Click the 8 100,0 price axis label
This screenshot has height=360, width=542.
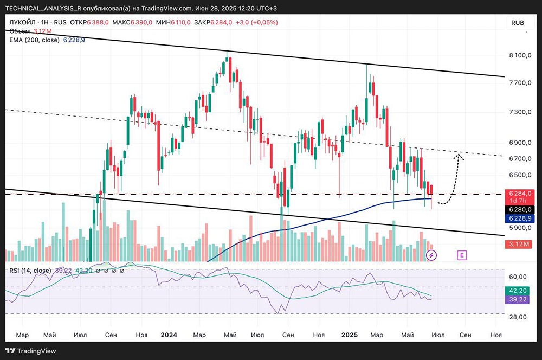(x=519, y=55)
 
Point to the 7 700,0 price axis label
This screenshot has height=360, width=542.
(x=519, y=83)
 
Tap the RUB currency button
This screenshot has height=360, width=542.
(x=518, y=23)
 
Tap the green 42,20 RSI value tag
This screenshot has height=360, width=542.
(x=520, y=290)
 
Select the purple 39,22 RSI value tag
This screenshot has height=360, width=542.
(x=520, y=299)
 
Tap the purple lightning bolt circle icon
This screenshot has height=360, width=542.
(x=431, y=254)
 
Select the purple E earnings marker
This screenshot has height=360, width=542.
(x=462, y=254)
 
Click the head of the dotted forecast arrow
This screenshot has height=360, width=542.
(x=459, y=155)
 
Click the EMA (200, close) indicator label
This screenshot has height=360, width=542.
(x=35, y=40)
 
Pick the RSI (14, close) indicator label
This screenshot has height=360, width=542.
(x=30, y=270)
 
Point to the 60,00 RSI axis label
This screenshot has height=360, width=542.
(x=519, y=276)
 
